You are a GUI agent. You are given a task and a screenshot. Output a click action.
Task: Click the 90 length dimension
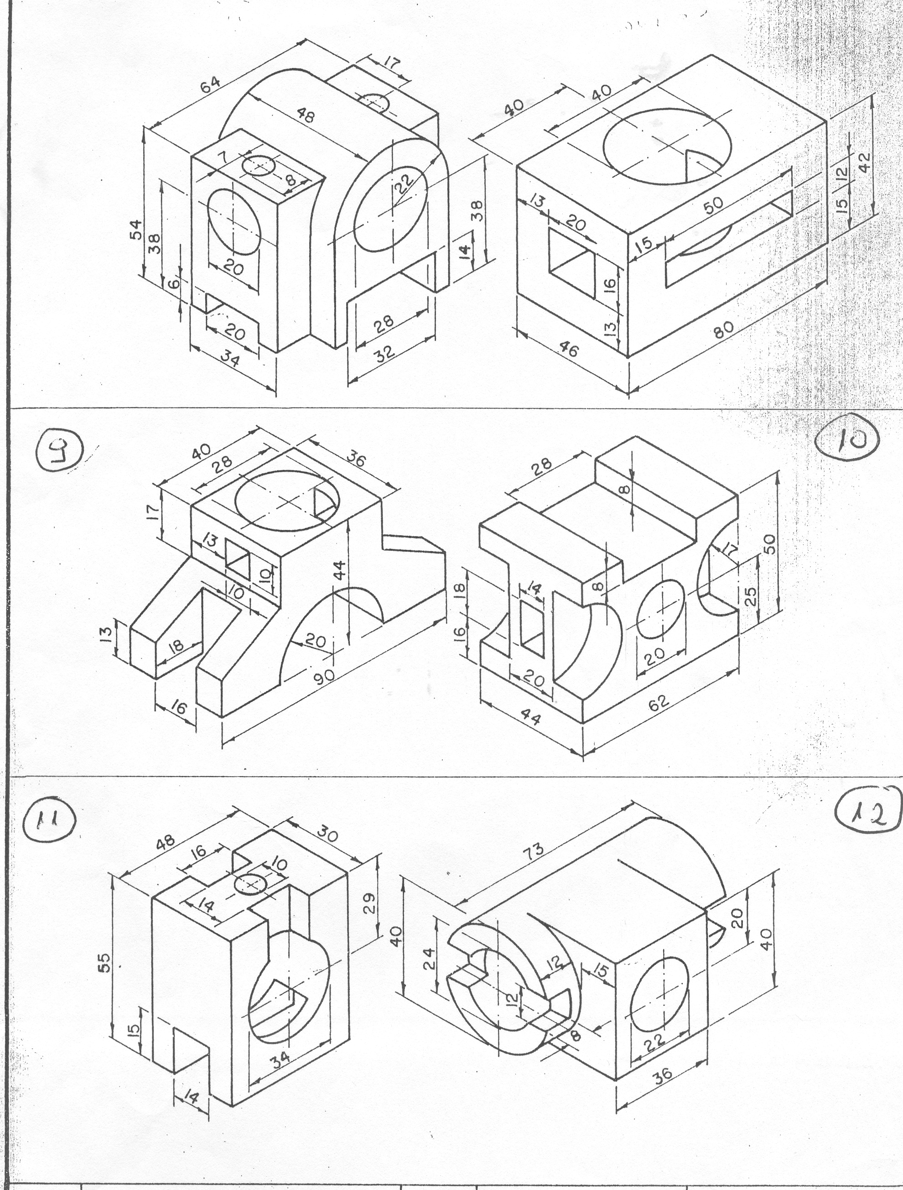325,676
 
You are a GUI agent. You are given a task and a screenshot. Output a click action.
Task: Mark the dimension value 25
751,595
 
